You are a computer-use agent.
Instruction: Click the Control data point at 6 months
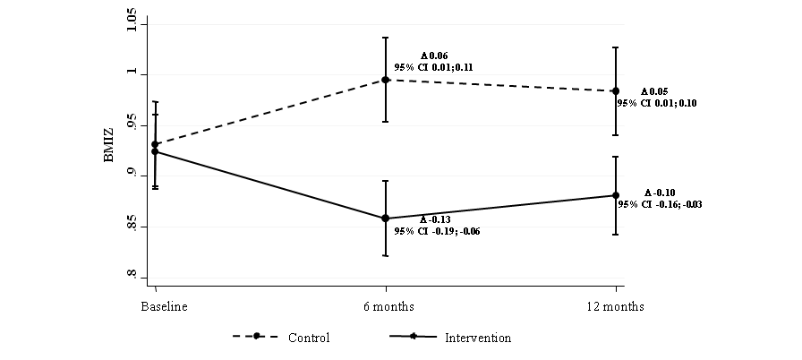click(386, 80)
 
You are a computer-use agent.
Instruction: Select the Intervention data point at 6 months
click(386, 219)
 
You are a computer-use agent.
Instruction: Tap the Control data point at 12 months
click(616, 90)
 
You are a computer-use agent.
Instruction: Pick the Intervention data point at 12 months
click(616, 195)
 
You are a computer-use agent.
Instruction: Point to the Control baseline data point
click(155, 143)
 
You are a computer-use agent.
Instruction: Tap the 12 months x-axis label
click(616, 306)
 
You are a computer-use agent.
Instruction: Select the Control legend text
click(309, 338)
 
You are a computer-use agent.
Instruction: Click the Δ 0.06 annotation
click(434, 56)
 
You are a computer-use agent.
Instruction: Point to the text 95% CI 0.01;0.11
click(433, 67)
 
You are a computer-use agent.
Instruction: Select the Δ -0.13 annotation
click(436, 219)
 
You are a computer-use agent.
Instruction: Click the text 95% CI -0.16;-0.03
click(659, 204)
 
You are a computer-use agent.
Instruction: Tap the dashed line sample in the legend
click(256, 337)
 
